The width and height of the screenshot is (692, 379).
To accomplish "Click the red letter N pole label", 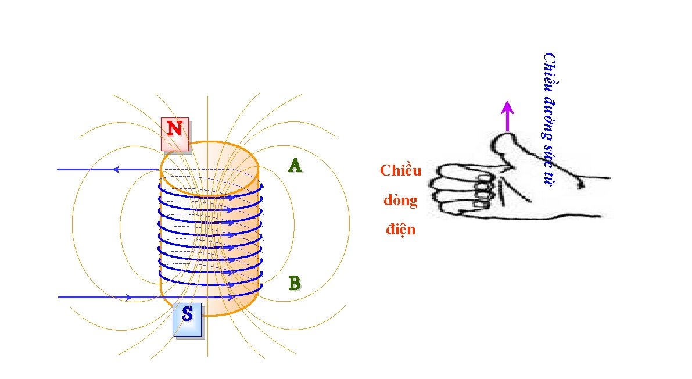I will [174, 128].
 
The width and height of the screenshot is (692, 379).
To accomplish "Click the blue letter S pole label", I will [187, 314].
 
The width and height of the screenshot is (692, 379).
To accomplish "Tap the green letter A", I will [295, 166].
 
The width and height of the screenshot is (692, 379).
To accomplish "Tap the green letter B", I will [295, 283].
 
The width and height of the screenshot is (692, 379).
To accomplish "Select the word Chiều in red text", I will [400, 170].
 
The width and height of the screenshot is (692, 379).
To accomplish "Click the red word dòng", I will [400, 201].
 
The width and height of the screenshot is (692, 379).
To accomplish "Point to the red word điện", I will [401, 229].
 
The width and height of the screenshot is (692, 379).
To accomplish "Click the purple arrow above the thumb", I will [508, 116].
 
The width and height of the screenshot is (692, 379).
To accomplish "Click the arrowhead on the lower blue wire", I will [128, 297].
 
